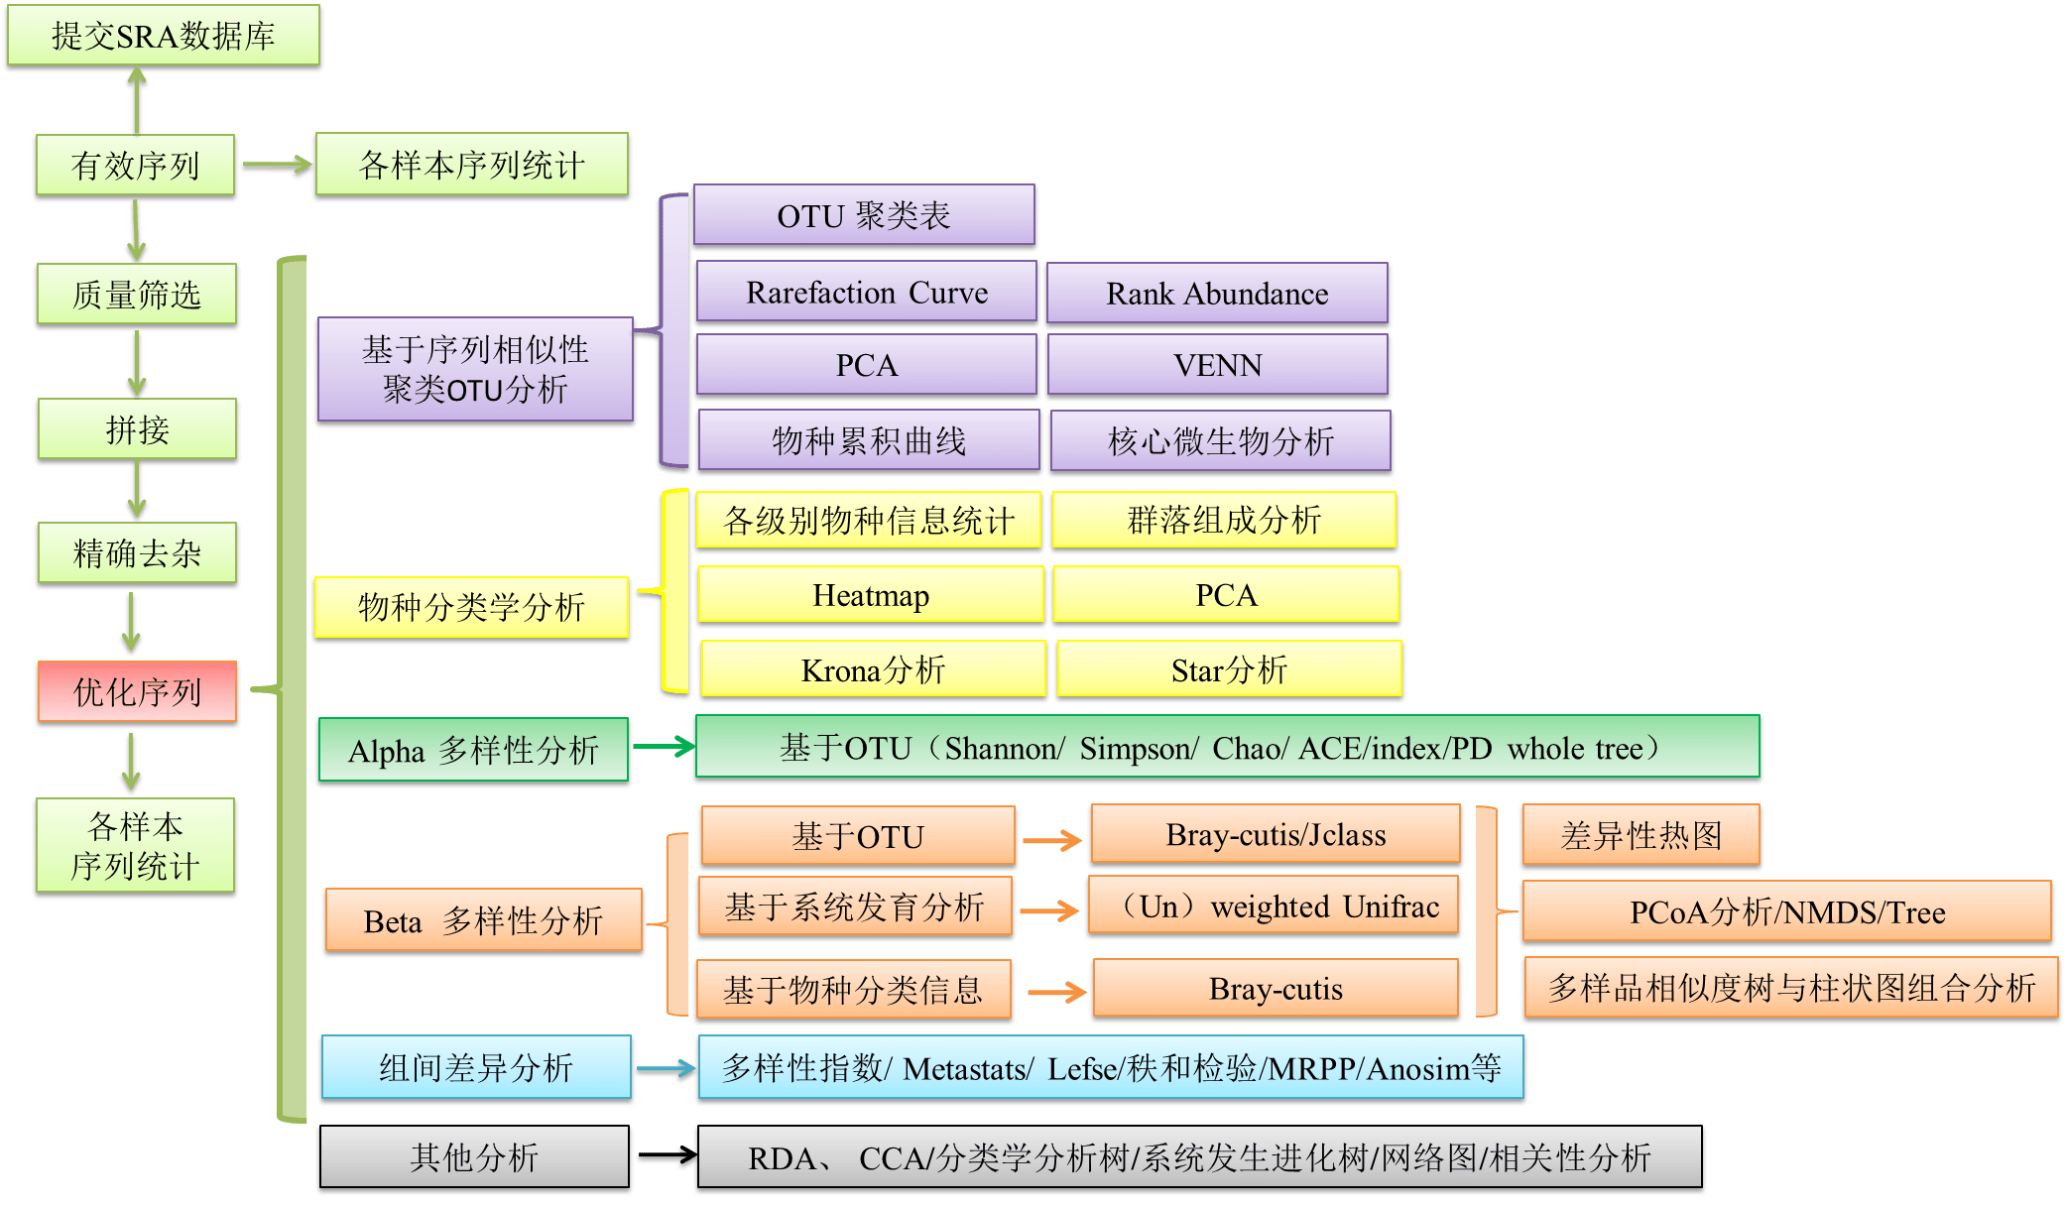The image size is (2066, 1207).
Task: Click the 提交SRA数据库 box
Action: [x=164, y=37]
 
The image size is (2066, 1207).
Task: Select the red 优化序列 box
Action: [x=137, y=691]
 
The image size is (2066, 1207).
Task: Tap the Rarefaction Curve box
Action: [x=866, y=293]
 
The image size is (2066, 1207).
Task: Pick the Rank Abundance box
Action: [x=1217, y=294]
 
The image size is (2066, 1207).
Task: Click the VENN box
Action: [x=1217, y=365]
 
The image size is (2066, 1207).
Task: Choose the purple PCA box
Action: [x=866, y=365]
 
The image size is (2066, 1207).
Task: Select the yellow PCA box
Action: [x=1226, y=595]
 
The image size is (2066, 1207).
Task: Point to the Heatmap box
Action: [x=871, y=595]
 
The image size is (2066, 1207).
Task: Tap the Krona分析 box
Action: [x=873, y=670]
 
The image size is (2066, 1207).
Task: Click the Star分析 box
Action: [x=1229, y=670]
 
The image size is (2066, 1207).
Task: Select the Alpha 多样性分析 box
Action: [x=473, y=751]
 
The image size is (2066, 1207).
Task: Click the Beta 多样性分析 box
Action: [x=483, y=921]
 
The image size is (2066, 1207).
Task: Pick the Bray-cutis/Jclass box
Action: [x=1276, y=835]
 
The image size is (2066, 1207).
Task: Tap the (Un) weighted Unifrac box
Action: [x=1276, y=906]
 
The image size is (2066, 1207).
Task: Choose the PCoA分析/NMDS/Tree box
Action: [x=1786, y=911]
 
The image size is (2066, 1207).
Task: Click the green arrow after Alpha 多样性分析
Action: [x=664, y=747]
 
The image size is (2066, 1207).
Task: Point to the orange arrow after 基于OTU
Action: [x=1052, y=841]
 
